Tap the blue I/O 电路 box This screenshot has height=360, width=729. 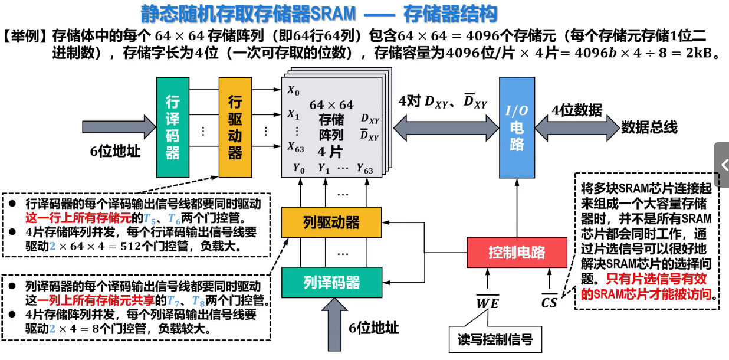click(x=517, y=127)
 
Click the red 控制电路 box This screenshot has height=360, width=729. click(x=517, y=253)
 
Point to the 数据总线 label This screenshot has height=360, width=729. click(x=649, y=127)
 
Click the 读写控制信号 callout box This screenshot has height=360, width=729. click(x=495, y=339)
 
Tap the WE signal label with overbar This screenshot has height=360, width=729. click(x=488, y=303)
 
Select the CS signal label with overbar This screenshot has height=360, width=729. click(x=549, y=303)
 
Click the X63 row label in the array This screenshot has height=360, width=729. click(x=295, y=147)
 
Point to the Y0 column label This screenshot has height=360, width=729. click(x=299, y=168)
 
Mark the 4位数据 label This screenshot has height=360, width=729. click(x=577, y=110)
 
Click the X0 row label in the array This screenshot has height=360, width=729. click(x=293, y=91)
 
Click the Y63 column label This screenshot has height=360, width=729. click(x=364, y=168)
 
